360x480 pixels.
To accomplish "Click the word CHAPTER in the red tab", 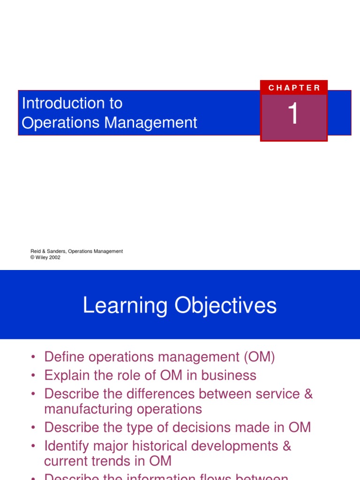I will (294, 88).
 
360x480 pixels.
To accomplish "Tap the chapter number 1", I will (293, 114).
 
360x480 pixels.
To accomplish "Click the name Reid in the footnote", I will (36, 251).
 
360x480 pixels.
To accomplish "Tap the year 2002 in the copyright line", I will (54, 257).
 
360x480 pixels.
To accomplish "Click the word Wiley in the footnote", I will (41, 257).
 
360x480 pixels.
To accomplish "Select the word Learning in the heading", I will (125, 306).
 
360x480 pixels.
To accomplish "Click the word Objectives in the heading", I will (226, 306).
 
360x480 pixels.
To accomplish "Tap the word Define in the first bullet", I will (64, 357).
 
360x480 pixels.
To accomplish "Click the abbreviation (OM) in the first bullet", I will (259, 357).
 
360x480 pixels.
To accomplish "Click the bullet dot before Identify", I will (33, 446).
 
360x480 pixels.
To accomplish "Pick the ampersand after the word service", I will (307, 394).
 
